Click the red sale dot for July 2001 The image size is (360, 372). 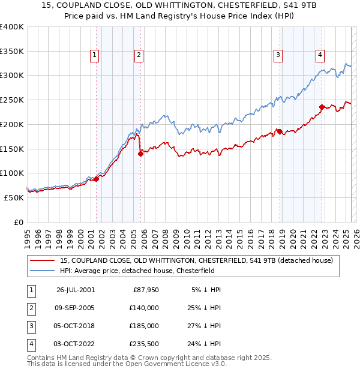pyautogui.click(x=96, y=179)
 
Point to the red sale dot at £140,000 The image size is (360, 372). pyautogui.click(x=140, y=154)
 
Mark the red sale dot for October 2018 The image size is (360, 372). pyautogui.click(x=280, y=131)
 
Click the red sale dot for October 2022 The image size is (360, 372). pyautogui.click(x=322, y=107)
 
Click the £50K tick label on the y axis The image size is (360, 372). pyautogui.click(x=14, y=197)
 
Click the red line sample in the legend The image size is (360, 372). pyautogui.click(x=42, y=260)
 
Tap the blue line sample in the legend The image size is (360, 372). pyautogui.click(x=42, y=271)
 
